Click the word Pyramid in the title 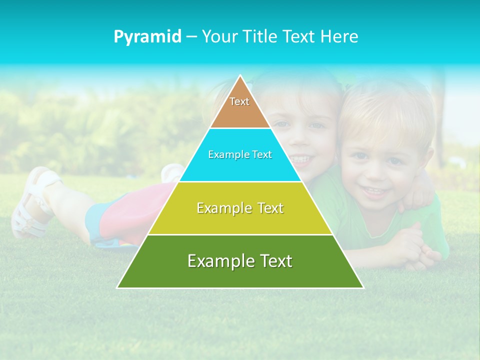click(147, 37)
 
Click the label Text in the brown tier click(239, 101)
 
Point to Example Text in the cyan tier click(240, 154)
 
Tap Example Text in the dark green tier click(240, 261)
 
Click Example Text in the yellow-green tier click(240, 208)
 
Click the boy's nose click(376, 172)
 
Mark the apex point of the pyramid click(240, 75)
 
